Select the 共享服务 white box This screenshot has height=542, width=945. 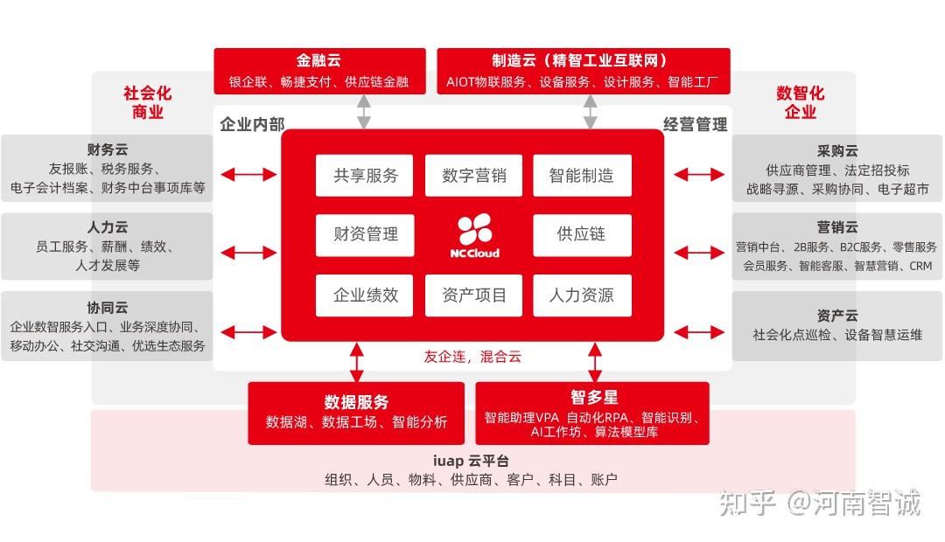tap(365, 175)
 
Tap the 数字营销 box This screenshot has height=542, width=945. tap(473, 175)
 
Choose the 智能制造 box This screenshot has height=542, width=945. tap(582, 175)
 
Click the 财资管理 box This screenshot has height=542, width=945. tap(365, 234)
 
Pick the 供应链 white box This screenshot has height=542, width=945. tap(582, 234)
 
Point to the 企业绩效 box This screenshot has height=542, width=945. tap(365, 295)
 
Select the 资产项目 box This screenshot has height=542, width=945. tap(473, 295)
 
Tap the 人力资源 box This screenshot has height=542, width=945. tap(582, 295)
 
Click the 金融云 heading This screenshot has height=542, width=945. tap(318, 61)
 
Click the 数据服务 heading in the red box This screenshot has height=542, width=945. tap(356, 402)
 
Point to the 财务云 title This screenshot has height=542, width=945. tap(108, 149)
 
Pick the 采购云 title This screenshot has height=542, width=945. tap(837, 151)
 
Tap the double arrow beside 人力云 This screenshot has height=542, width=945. tap(248, 254)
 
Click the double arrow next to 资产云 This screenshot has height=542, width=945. tap(699, 333)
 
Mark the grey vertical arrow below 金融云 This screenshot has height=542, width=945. tap(364, 112)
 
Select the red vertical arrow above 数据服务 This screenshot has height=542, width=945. tap(356, 362)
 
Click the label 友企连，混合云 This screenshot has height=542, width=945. tap(472, 357)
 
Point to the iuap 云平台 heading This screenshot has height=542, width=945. tap(471, 461)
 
